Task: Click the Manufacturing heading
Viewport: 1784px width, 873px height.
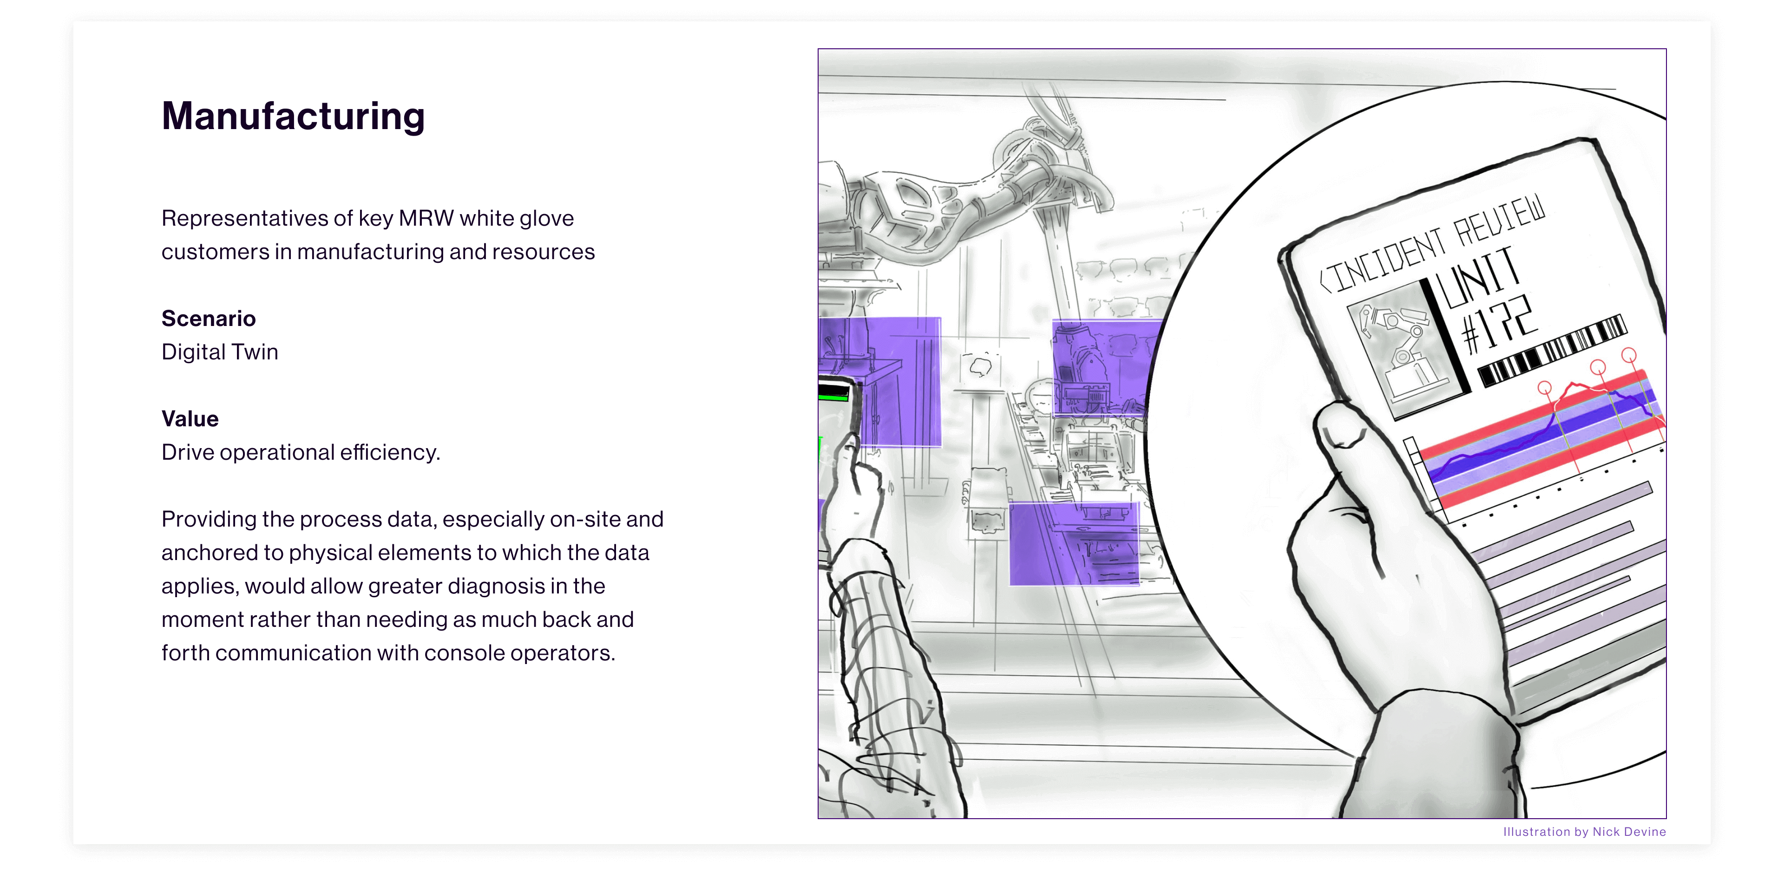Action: (x=293, y=116)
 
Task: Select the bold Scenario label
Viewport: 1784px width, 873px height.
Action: (x=209, y=319)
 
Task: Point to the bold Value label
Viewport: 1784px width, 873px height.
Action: (x=190, y=419)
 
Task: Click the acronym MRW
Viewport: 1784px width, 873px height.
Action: (x=426, y=218)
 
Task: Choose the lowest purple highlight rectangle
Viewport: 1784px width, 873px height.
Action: (x=1074, y=543)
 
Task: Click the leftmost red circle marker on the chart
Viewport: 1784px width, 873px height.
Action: (x=1544, y=388)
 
